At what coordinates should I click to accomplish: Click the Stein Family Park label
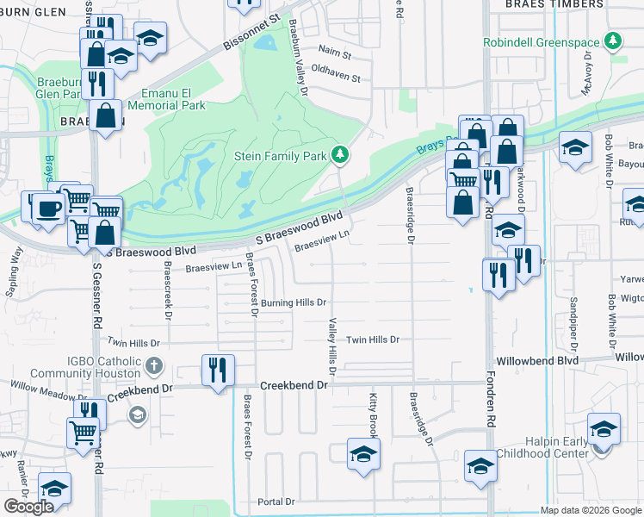(280, 156)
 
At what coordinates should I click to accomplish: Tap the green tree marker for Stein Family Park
(342, 154)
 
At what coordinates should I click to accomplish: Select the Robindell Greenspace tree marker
(613, 40)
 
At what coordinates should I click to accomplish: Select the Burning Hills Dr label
(294, 302)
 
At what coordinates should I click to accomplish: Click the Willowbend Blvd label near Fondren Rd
(536, 360)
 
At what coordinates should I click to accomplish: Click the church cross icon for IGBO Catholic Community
(154, 366)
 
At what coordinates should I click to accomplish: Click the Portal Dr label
(276, 501)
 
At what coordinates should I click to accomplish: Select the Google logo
(28, 507)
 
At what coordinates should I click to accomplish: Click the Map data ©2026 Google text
(591, 510)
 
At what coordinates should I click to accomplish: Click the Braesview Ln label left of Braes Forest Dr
(214, 267)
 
